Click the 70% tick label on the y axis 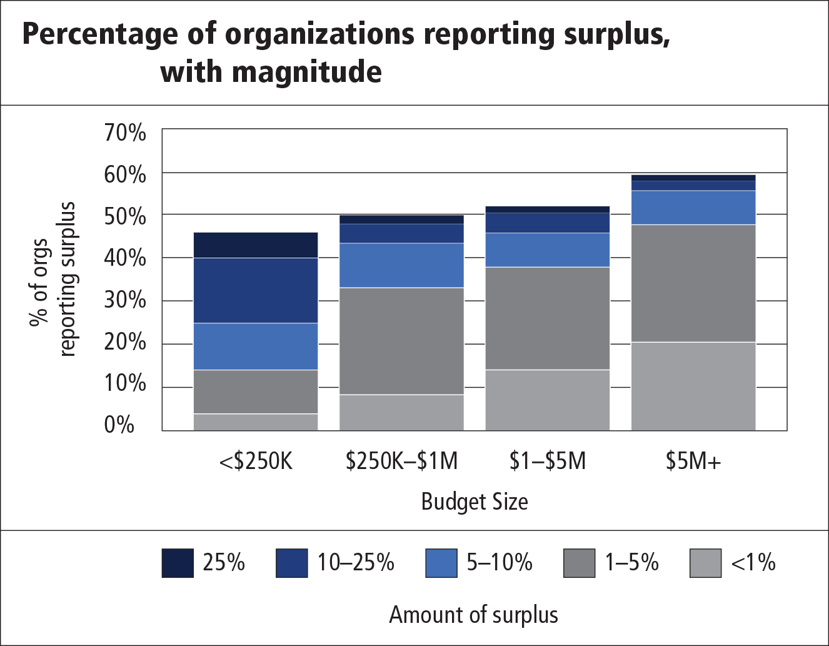click(x=125, y=133)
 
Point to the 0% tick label click(x=119, y=425)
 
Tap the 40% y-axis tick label click(x=125, y=258)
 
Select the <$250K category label click(x=256, y=462)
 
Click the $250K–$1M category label click(x=401, y=462)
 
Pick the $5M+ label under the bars click(x=693, y=462)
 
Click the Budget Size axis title click(x=475, y=502)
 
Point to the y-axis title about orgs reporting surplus click(x=53, y=279)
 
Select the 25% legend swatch click(x=178, y=563)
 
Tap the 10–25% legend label click(x=355, y=563)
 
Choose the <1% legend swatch click(x=705, y=563)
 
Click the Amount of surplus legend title click(x=473, y=615)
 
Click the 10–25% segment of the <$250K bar click(x=256, y=290)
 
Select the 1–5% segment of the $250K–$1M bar click(x=401, y=341)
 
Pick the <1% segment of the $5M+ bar click(x=693, y=386)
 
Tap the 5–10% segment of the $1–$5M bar click(x=547, y=250)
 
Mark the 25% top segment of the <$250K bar click(x=256, y=245)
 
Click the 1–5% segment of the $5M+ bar click(x=693, y=283)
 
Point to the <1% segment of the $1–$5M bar click(x=547, y=400)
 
